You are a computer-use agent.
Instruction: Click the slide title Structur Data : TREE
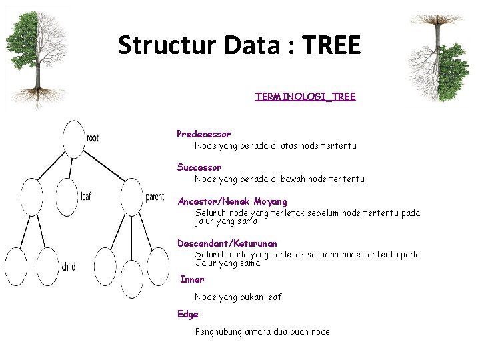[x=239, y=45]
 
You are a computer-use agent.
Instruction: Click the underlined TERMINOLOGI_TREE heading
[x=305, y=97]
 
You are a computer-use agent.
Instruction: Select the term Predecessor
[x=204, y=134]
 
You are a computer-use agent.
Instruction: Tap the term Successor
[x=199, y=167]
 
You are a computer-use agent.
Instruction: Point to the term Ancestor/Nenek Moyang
[x=232, y=201]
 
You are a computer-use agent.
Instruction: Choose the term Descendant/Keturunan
[x=227, y=244]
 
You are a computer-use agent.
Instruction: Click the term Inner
[x=192, y=279]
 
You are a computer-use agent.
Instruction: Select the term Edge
[x=187, y=314]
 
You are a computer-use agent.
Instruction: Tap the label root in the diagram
[x=93, y=138]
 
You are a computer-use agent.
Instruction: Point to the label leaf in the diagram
[x=86, y=197]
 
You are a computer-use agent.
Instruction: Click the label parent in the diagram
[x=155, y=197]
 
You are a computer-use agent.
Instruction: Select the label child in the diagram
[x=68, y=267]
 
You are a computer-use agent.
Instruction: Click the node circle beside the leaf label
[x=67, y=197]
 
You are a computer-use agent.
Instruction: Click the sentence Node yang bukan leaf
[x=238, y=297]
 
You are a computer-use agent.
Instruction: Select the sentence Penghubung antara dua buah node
[x=262, y=331]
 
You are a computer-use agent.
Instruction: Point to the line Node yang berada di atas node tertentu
[x=275, y=145]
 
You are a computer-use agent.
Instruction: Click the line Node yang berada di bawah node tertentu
[x=279, y=179]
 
